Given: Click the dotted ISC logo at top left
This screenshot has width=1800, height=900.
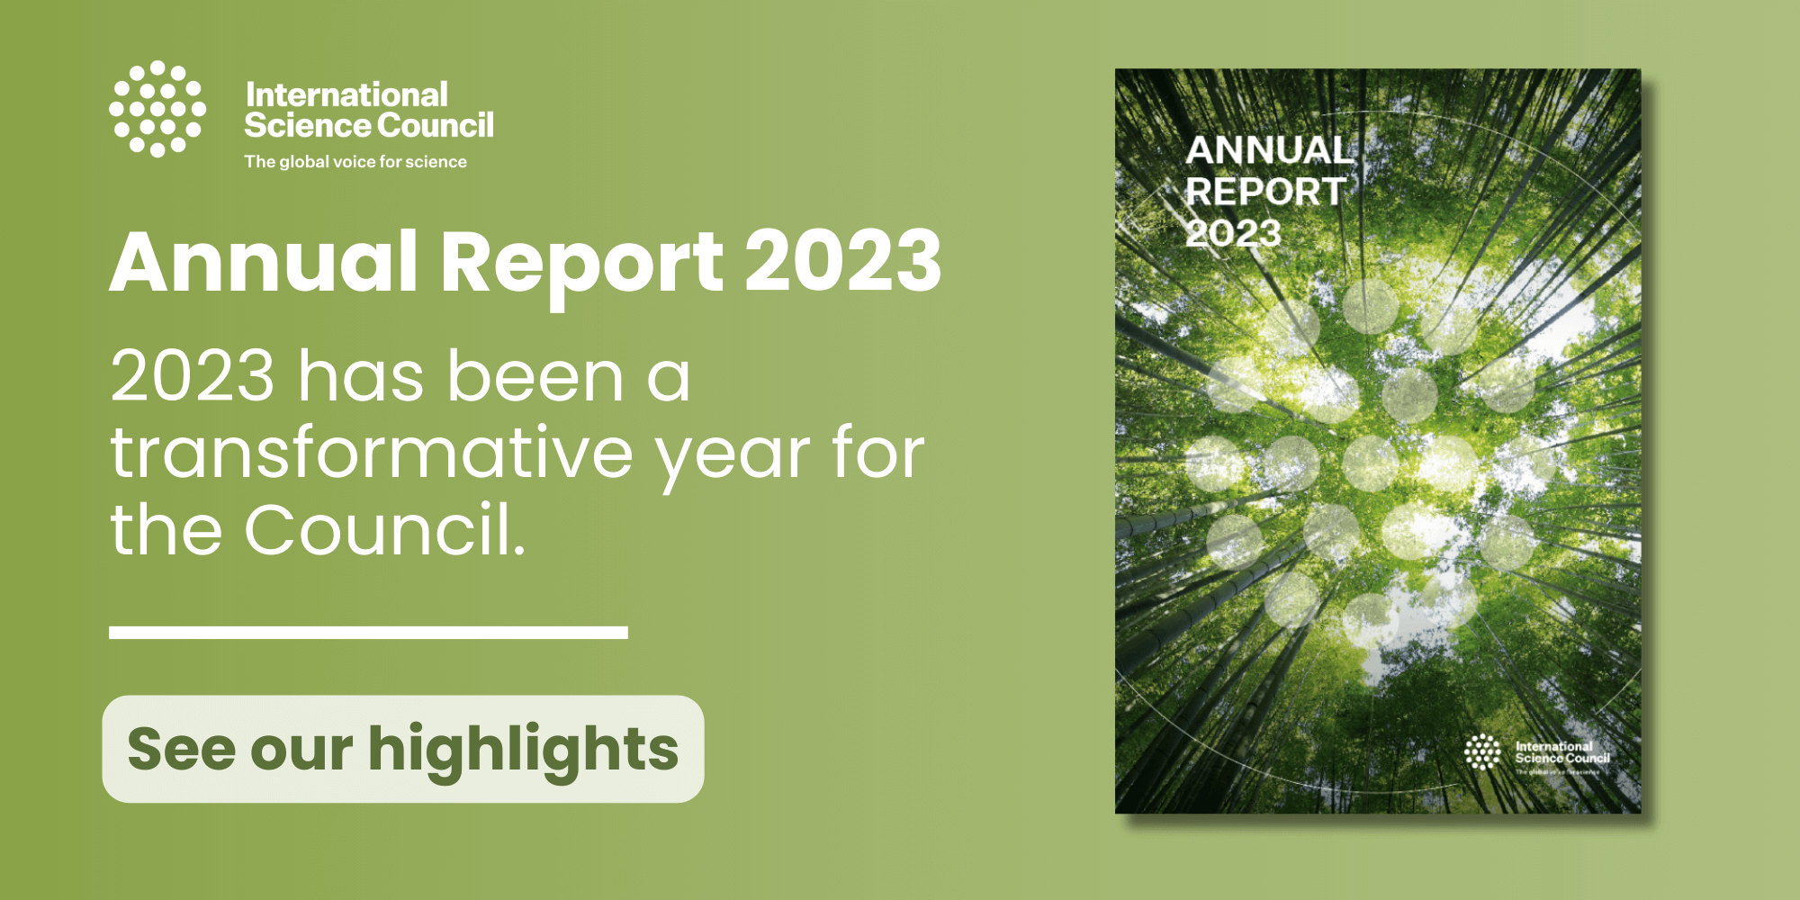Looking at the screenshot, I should (x=157, y=109).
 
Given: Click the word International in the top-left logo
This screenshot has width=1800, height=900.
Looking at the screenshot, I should (x=346, y=94).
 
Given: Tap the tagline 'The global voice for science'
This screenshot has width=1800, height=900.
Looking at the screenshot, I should (x=355, y=162).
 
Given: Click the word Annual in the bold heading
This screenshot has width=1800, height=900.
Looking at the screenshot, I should (x=264, y=262).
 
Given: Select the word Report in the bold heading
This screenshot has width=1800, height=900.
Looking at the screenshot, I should (x=581, y=262).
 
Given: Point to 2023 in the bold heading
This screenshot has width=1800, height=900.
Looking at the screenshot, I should (x=842, y=262).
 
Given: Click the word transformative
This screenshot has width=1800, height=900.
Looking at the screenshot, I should (x=372, y=453).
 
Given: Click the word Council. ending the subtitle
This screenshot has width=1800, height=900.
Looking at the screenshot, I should (x=384, y=529).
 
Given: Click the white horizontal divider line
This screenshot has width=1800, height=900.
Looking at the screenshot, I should (x=368, y=633).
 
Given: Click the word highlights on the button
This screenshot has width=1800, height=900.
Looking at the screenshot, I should (x=523, y=749).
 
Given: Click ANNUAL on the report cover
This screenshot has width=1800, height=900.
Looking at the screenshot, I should (x=1269, y=150).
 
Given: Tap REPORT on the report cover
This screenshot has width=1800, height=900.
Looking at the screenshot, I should (x=1264, y=192).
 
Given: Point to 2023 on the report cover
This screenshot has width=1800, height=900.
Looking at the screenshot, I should (x=1233, y=233).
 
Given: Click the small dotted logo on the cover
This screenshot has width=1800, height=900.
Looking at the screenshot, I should (x=1482, y=751).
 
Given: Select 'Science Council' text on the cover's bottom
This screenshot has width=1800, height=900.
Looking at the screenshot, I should (x=1562, y=758).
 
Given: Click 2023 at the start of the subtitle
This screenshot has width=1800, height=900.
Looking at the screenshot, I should (x=192, y=376).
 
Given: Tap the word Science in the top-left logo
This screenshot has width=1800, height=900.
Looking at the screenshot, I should (x=300, y=125).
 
